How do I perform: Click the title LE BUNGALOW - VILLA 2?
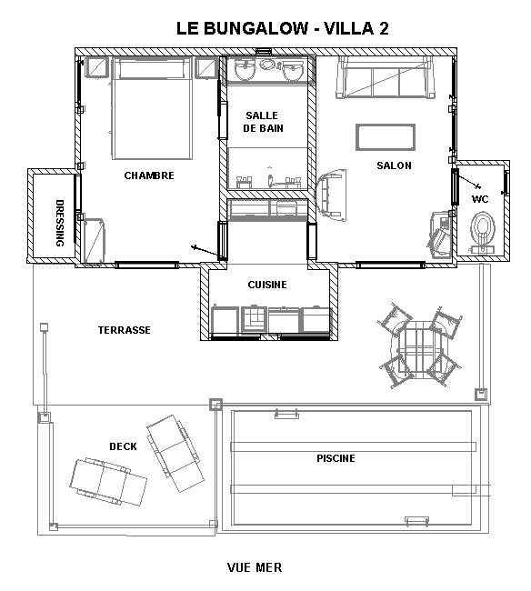pos(282,29)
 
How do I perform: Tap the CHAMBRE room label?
pos(149,175)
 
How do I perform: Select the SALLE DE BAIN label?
pos(263,122)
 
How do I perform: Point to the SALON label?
pos(395,165)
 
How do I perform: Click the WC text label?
pos(480,199)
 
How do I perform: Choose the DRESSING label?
pos(60,223)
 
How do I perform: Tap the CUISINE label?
pos(267,285)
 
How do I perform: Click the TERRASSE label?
pos(125,330)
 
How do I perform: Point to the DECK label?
pos(123,446)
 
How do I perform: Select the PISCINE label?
pos(336,458)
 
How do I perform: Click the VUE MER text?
pos(255,567)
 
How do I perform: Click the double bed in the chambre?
pos(151,108)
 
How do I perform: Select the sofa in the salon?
pos(386,78)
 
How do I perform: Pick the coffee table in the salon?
pos(386,137)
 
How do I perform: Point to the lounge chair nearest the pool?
pos(175,454)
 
